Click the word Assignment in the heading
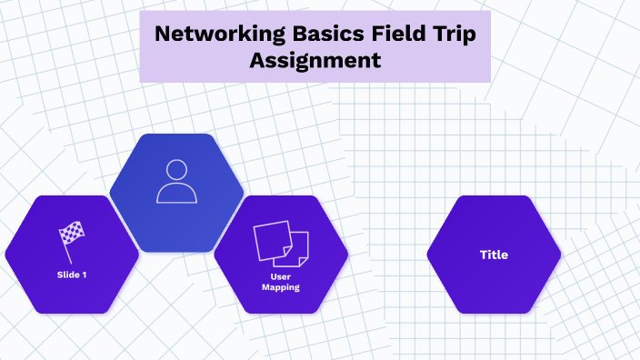(x=315, y=62)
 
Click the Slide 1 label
(x=71, y=275)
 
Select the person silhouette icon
(x=176, y=181)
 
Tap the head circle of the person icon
(x=176, y=170)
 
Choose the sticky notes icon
(x=281, y=244)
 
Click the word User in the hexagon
(x=281, y=276)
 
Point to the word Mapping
(x=281, y=287)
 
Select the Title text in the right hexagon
(x=494, y=255)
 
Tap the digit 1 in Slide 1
(x=84, y=275)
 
